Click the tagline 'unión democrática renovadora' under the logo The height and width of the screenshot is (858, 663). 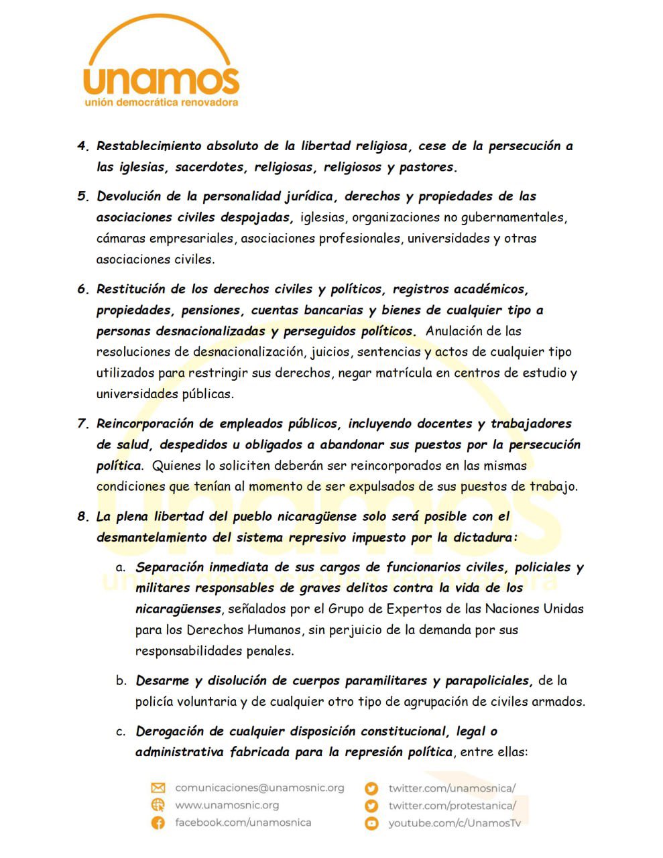pos(161,103)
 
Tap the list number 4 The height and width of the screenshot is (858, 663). pos(82,146)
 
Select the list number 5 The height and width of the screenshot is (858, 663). pos(82,196)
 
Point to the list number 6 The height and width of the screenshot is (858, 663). pos(82,290)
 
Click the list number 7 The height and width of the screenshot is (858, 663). pos(82,424)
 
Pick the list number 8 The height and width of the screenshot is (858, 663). pos(82,516)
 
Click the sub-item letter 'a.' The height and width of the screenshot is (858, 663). pos(121,567)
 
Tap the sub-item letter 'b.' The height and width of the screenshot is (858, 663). pos(121,681)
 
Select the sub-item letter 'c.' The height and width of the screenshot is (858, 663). pos(121,731)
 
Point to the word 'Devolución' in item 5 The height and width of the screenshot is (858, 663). pos(130,196)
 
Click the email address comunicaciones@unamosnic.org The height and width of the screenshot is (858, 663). pos(259,788)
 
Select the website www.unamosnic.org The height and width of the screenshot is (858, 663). pos(227,805)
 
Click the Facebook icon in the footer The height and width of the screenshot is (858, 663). pos(158,822)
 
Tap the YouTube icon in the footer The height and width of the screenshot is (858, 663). pos(371,823)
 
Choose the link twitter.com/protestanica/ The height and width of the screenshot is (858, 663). pos(452,805)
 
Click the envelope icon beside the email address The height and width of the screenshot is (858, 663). pos(158,788)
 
